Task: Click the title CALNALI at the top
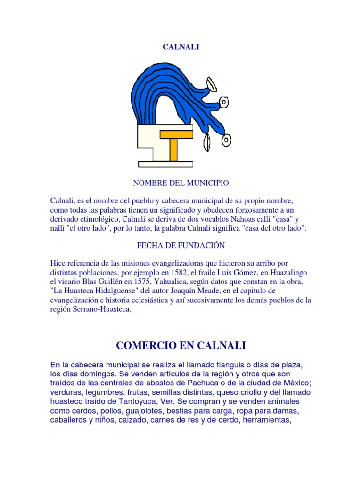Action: point(181,47)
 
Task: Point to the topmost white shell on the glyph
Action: point(212,85)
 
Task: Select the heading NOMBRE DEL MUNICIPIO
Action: point(181,183)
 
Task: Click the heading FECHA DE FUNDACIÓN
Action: point(181,245)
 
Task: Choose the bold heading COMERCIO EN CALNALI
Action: point(181,346)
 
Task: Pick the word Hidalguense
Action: point(117,291)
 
